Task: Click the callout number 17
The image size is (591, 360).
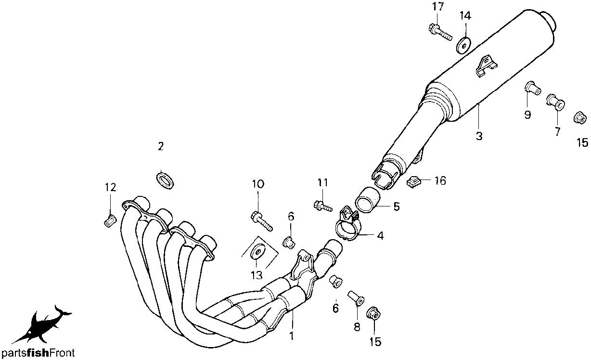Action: pos(437,7)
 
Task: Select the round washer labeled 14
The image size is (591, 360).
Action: pos(464,46)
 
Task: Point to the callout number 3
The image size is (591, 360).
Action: pos(479,136)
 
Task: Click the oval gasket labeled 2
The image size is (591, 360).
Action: pos(166,181)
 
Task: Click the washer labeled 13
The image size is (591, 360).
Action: pos(257,253)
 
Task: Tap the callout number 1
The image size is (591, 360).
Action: pos(292,336)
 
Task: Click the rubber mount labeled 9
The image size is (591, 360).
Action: pos(532,89)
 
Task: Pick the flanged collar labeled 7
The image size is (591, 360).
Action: pos(555,102)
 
